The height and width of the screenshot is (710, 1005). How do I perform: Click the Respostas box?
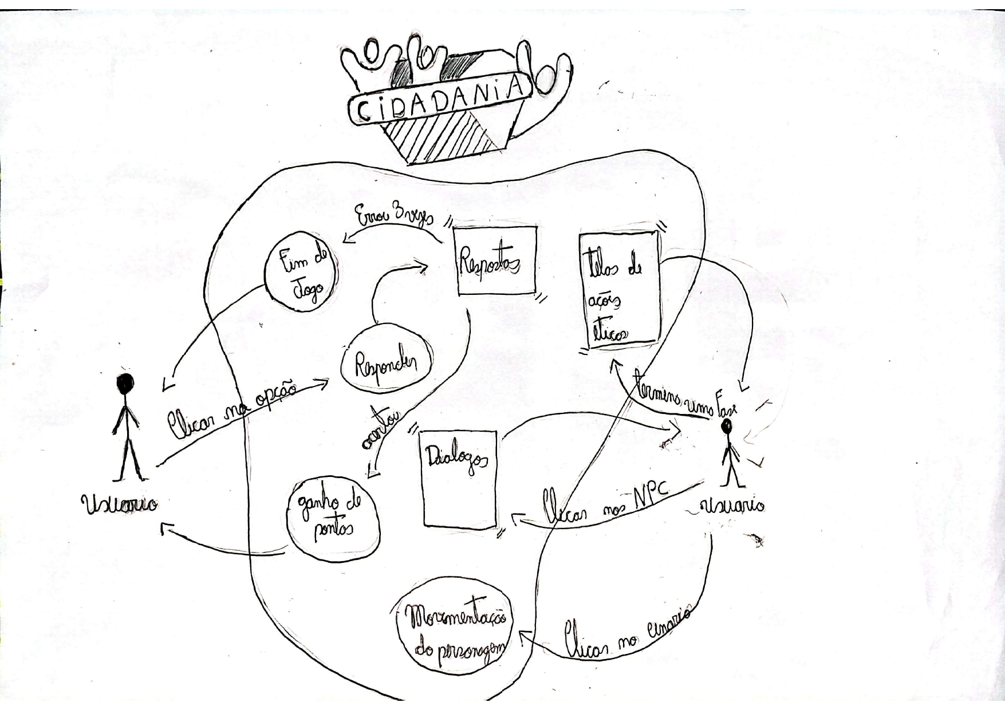tap(496, 261)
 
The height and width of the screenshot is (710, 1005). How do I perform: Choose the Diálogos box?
tap(459, 478)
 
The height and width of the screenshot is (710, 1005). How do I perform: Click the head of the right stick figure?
tap(727, 426)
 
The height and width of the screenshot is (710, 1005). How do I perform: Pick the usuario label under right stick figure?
tap(732, 506)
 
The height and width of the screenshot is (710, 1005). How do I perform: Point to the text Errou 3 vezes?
tap(395, 216)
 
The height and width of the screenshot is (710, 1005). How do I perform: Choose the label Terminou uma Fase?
tap(684, 393)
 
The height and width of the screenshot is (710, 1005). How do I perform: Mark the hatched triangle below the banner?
tap(440, 137)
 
